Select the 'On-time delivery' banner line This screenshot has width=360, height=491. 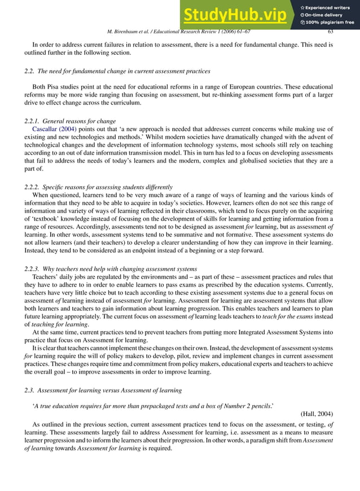[x=325, y=14]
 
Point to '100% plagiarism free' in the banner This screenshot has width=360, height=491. [x=328, y=23]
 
